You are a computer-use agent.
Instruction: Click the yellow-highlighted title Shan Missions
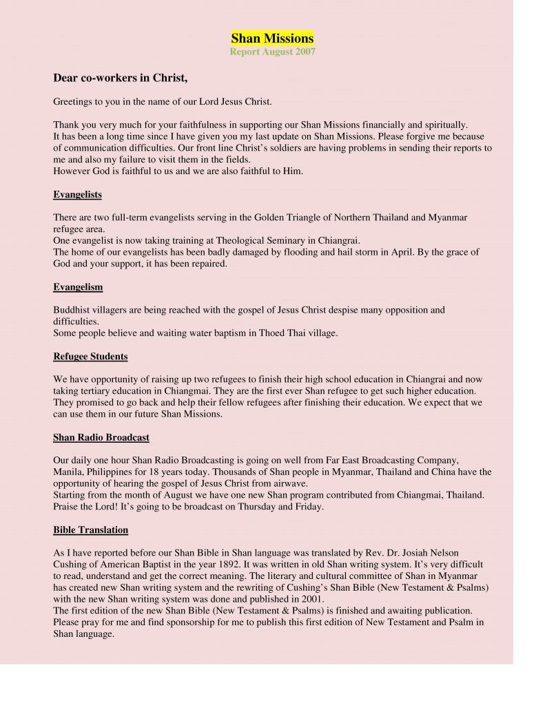[272, 39]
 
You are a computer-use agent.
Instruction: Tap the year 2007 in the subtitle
[304, 53]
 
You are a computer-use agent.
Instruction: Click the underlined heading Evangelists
[77, 195]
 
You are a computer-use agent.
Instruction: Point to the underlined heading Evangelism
[78, 287]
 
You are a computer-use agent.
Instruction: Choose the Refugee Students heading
[90, 357]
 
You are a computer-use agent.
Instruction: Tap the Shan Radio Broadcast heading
[101, 437]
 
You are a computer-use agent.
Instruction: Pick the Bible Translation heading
[90, 530]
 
